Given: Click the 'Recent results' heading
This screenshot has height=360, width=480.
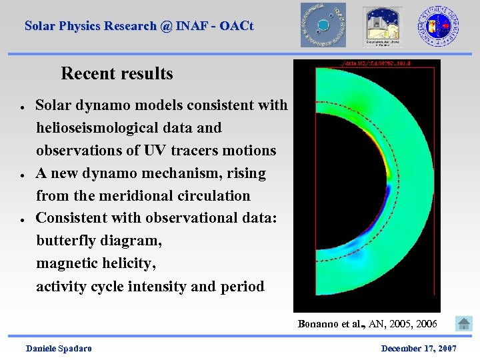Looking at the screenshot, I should click(x=117, y=73).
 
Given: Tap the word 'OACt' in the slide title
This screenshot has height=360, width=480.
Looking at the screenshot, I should click(x=237, y=26).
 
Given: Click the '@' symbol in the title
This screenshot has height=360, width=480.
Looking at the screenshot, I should click(x=166, y=26).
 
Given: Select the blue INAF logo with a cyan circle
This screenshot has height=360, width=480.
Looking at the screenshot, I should click(x=323, y=25).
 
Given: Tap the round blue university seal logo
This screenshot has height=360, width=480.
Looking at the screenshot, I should click(x=438, y=25).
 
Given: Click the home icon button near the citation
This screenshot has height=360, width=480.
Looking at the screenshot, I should click(x=463, y=324).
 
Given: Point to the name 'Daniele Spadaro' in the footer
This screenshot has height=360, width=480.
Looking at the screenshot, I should click(x=59, y=349).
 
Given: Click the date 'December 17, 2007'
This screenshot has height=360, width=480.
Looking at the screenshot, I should click(x=419, y=349).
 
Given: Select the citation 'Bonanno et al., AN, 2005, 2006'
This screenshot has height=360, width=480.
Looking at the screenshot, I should click(x=367, y=324).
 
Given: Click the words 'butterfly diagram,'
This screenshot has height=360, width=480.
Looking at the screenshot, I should click(x=99, y=241).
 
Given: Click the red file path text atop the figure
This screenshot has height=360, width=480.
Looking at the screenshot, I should click(x=367, y=65).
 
